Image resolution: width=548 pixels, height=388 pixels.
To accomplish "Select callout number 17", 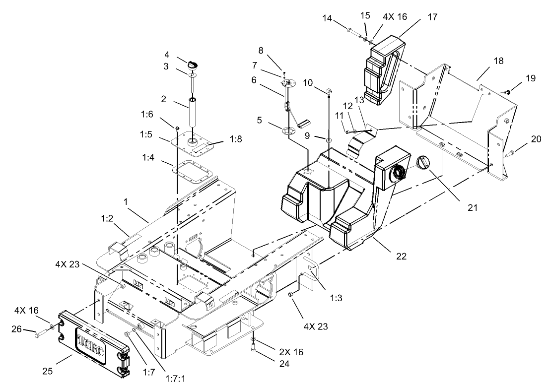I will tap(432, 17).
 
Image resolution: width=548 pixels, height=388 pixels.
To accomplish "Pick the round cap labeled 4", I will tap(193, 64).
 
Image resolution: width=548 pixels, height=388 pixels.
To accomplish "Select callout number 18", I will tap(499, 61).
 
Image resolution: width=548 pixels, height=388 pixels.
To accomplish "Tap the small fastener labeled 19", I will tap(507, 92).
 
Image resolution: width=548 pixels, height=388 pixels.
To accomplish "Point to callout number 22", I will tap(401, 257).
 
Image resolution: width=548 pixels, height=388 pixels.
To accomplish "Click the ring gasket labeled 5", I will tap(288, 131).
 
